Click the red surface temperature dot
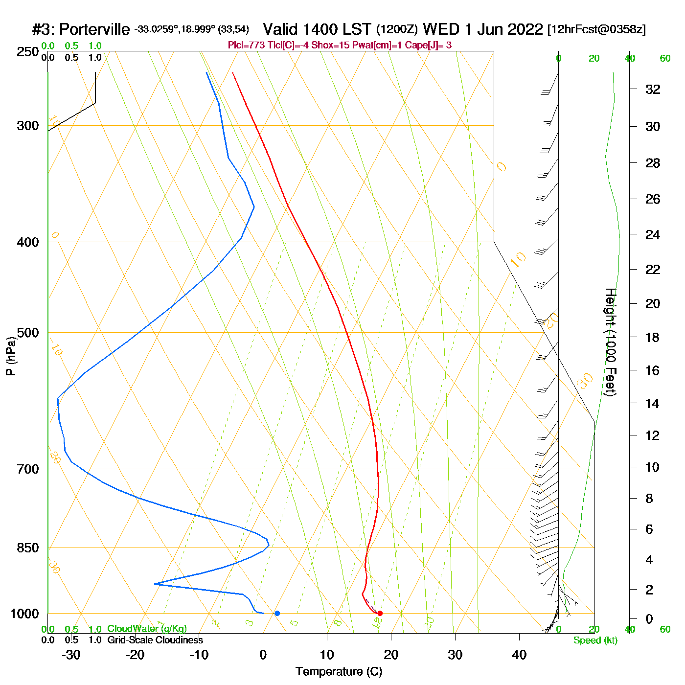380,613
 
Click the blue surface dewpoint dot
277,613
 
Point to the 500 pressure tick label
28,333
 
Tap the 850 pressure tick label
28,548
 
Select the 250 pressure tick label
28,52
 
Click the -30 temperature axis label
71,655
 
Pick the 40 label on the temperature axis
519,655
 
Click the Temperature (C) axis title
339,672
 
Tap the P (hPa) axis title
11,356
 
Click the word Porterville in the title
94,30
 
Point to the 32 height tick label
653,90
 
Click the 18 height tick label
653,337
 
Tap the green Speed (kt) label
595,640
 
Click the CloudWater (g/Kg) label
147,629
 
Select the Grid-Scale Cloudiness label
155,640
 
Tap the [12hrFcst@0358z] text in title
596,30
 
